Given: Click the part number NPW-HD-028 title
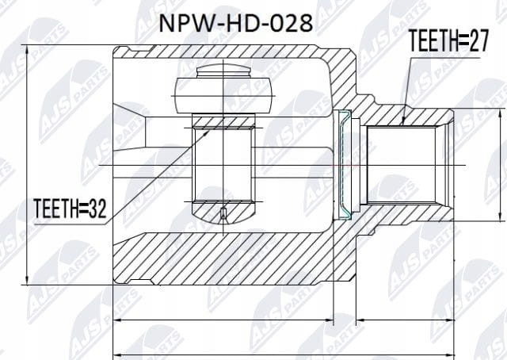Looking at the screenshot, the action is pos(236,23).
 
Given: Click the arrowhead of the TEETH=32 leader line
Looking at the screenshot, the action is pos(206,132).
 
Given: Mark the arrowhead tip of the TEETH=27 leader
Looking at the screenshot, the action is pos(402,124).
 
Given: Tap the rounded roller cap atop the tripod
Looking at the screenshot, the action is pos(223,71).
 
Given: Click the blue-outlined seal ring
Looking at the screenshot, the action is pos(345,164).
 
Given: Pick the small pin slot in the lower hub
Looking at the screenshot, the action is pos(223,213).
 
